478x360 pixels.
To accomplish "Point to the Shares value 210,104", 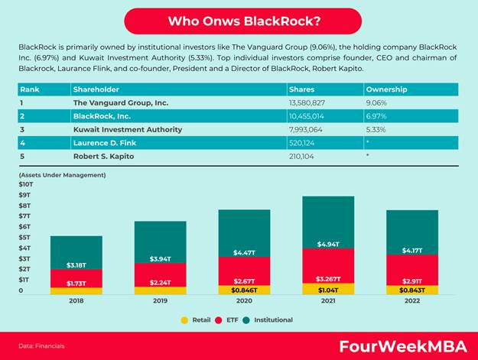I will (304, 156).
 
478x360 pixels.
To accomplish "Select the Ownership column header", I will (386, 89).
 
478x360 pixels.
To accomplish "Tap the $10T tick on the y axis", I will (26, 184).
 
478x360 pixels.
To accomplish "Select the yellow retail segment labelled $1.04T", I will (328, 289).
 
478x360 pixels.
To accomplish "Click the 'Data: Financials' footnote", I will (42, 346).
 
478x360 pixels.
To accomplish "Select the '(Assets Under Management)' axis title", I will (62, 175).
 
